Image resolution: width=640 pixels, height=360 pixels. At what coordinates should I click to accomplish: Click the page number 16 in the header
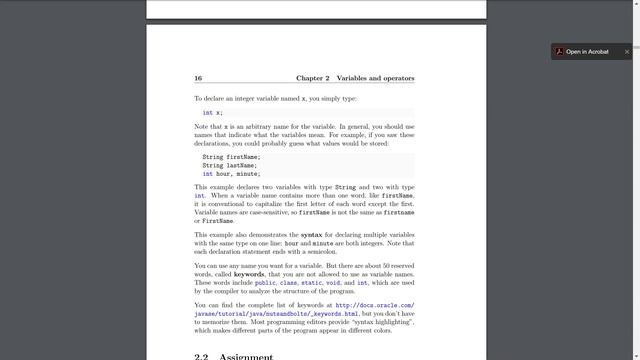click(198, 78)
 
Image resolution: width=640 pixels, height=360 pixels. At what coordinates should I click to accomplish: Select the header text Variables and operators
click(375, 78)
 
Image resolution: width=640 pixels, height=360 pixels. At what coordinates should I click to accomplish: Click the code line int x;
click(212, 113)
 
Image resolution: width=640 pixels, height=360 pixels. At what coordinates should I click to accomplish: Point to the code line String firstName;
click(231, 157)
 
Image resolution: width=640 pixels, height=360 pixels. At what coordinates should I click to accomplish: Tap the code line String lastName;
click(229, 165)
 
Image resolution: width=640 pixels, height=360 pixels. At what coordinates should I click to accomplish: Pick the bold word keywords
click(242, 274)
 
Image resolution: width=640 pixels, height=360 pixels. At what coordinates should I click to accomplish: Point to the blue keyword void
click(336, 283)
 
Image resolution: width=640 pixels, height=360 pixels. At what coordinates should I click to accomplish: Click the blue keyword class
click(289, 283)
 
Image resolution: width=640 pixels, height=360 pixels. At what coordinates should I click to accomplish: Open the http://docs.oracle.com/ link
click(375, 305)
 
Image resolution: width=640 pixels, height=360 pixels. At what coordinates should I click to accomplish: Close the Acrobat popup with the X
click(627, 51)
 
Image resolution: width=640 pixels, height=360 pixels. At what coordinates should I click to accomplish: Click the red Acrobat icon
click(559, 51)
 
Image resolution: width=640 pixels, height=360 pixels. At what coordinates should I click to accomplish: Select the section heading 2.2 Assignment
click(233, 356)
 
